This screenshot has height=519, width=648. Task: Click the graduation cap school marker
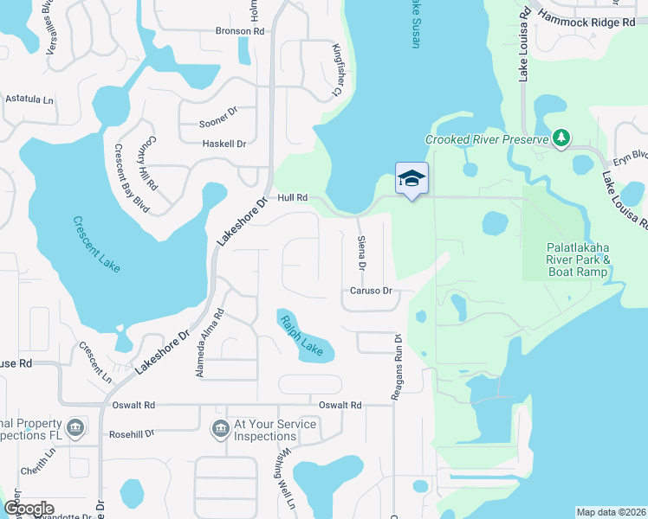[x=412, y=178]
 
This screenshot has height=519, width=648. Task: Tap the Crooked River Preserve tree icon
[x=561, y=138]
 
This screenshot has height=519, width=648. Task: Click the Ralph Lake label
[x=301, y=335]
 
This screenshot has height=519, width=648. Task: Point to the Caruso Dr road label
[x=373, y=292]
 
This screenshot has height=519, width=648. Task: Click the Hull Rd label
[x=293, y=197]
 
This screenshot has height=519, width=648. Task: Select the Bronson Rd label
[x=239, y=31]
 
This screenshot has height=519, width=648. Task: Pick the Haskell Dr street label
[x=224, y=144]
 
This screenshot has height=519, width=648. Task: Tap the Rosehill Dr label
[x=131, y=432]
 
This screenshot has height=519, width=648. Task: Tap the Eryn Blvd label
[x=630, y=157]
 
